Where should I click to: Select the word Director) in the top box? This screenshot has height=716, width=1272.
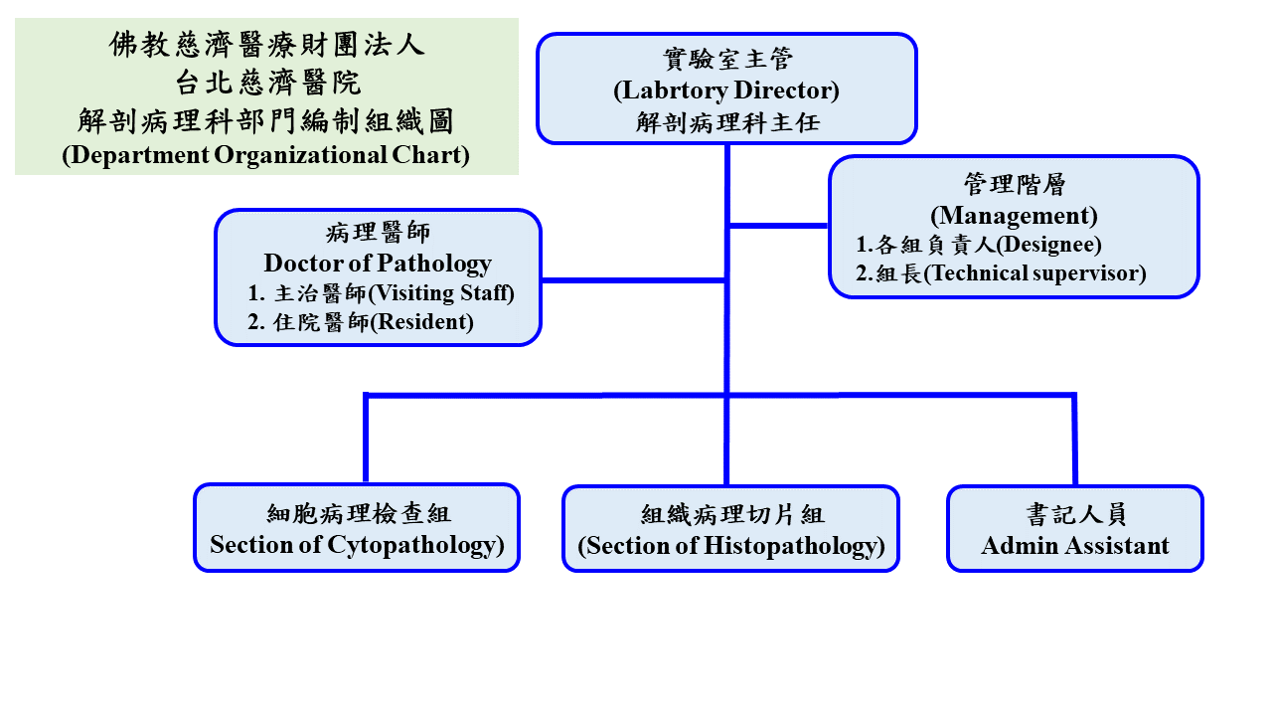(x=787, y=90)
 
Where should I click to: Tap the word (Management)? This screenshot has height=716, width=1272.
(x=1014, y=216)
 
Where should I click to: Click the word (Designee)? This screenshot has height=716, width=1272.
(x=1048, y=245)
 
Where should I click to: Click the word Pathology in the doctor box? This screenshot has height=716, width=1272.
(x=434, y=264)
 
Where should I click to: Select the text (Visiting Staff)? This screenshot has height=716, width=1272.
(x=441, y=293)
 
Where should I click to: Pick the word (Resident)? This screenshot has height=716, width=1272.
(x=422, y=322)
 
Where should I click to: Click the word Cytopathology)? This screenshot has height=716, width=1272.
(x=415, y=546)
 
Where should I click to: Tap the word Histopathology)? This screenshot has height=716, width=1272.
(x=794, y=547)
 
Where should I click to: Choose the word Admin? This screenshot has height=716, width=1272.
(x=1019, y=546)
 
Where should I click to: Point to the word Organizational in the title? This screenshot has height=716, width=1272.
(x=300, y=155)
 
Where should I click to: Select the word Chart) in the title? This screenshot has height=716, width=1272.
(x=430, y=154)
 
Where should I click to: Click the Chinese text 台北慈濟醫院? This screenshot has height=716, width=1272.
(x=267, y=83)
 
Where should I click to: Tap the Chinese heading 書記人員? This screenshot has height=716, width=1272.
(x=1076, y=514)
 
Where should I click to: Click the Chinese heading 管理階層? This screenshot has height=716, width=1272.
(x=1015, y=185)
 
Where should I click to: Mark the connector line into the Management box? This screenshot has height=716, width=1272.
(x=778, y=226)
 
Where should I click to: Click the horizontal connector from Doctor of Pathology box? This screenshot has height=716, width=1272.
(x=633, y=280)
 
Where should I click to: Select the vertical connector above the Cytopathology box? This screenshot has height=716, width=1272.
(x=366, y=439)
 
